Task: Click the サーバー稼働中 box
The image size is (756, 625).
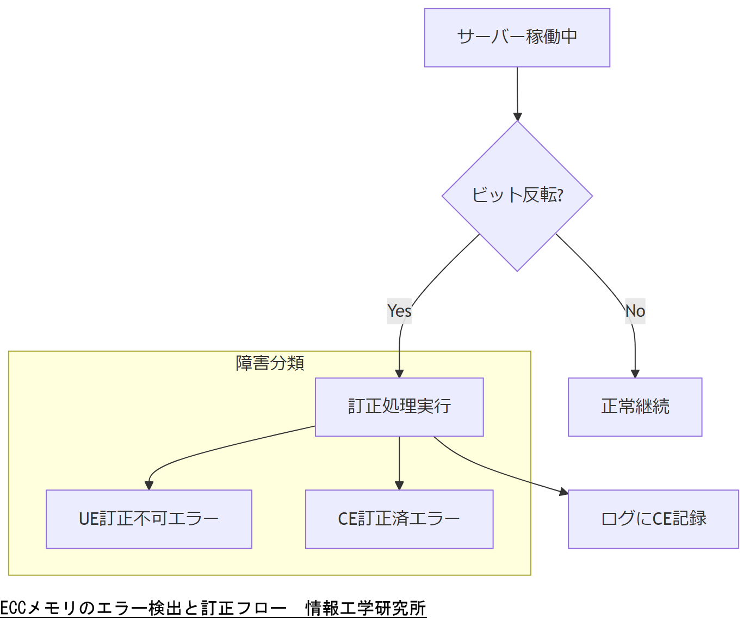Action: click(517, 38)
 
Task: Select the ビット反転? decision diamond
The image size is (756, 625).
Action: click(517, 195)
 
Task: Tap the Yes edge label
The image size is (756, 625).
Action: click(399, 311)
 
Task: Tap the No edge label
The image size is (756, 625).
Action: click(635, 311)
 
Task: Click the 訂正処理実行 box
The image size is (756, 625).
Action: click(399, 407)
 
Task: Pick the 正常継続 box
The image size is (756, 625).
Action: click(635, 407)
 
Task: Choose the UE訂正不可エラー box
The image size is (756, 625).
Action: click(148, 519)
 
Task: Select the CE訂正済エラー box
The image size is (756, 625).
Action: click(399, 519)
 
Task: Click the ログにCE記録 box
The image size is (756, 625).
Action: click(653, 519)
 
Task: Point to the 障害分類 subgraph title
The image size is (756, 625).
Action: click(270, 363)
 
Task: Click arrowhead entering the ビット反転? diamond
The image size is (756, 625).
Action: click(518, 117)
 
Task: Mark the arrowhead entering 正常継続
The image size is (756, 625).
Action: click(635, 373)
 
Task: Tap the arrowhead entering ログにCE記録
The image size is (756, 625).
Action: click(563, 492)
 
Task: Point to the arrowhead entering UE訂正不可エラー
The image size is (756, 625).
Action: click(149, 486)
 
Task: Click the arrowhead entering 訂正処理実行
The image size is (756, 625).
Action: click(399, 373)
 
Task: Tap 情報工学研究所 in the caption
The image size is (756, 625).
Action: click(365, 608)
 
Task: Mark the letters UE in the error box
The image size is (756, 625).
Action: click(89, 519)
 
